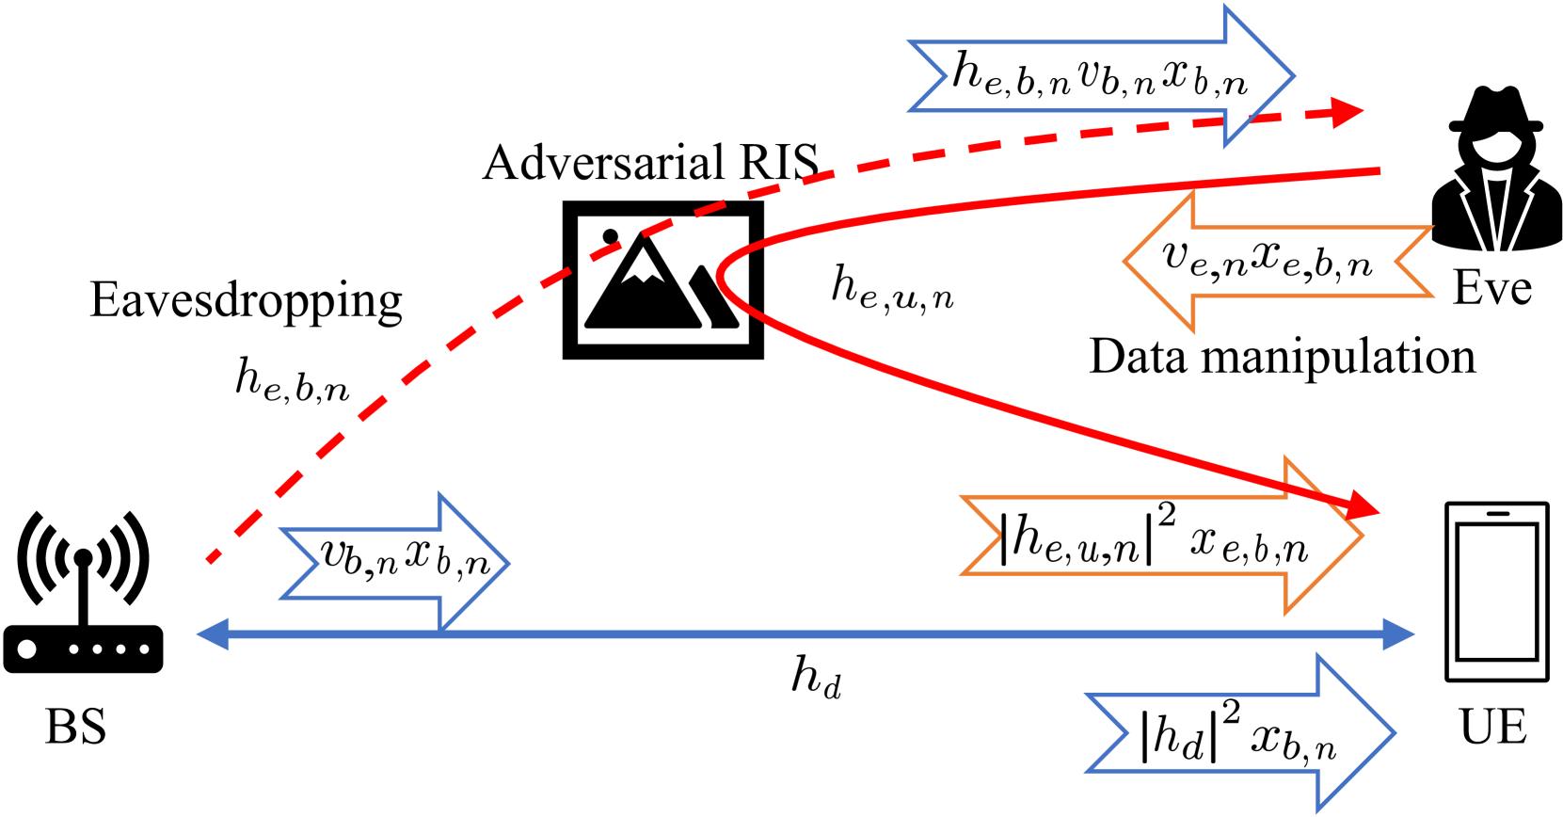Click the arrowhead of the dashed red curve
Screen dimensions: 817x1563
tap(1355, 112)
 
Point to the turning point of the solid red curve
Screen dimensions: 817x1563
tap(720, 277)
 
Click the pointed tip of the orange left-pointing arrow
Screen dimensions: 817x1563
tap(1125, 262)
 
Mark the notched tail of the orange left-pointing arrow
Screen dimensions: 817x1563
tap(1398, 262)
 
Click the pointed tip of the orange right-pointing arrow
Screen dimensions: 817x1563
tap(1362, 536)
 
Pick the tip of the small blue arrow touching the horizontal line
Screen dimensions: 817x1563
tap(507, 564)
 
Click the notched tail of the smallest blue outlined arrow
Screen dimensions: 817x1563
tap(317, 564)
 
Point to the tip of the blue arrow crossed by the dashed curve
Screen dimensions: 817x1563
tap(1293, 76)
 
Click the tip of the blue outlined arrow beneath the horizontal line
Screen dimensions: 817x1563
tap(1393, 732)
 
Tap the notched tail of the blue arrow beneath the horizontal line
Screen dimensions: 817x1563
tap(1125, 732)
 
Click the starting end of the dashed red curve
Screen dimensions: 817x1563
tap(209, 562)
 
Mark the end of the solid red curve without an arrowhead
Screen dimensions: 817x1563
tap(1379, 171)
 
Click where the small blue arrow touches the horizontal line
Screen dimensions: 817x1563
tap(440, 631)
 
